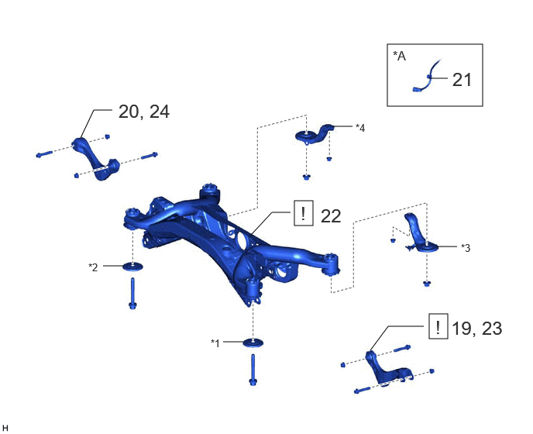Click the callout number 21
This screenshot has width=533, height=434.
click(462, 80)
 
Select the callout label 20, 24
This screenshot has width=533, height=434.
click(144, 112)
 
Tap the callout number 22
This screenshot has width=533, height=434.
click(331, 216)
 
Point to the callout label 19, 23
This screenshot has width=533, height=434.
click(476, 329)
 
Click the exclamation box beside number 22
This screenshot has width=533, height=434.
click(304, 213)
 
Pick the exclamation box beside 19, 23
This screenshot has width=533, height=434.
click(438, 326)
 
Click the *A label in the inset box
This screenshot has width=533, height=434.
click(399, 56)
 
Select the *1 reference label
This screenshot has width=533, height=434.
click(215, 343)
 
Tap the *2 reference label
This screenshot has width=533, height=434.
click(93, 267)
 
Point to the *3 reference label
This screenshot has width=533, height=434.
click(466, 248)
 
